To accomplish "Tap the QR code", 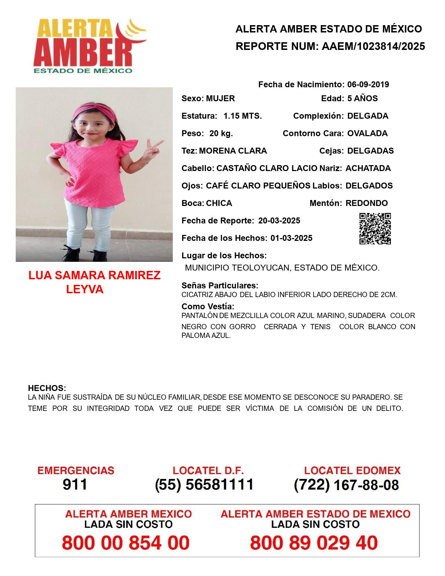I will tap(375, 229).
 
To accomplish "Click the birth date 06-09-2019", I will tap(368, 84).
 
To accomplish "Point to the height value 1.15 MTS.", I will tap(243, 116).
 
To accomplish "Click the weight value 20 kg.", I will tap(221, 133).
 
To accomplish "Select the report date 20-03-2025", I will tap(279, 221).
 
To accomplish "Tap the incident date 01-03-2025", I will tap(291, 238).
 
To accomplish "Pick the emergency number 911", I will tap(75, 485).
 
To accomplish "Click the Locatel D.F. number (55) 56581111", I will tap(204, 485).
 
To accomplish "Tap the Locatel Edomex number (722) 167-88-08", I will tap(346, 485).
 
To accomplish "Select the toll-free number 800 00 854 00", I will tap(126, 543).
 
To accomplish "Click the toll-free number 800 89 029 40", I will tap(314, 543).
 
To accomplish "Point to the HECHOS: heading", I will tap(47, 388).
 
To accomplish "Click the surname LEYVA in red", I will tap(85, 289).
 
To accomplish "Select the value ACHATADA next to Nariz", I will tap(368, 168).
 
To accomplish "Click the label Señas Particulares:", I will tap(220, 286).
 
